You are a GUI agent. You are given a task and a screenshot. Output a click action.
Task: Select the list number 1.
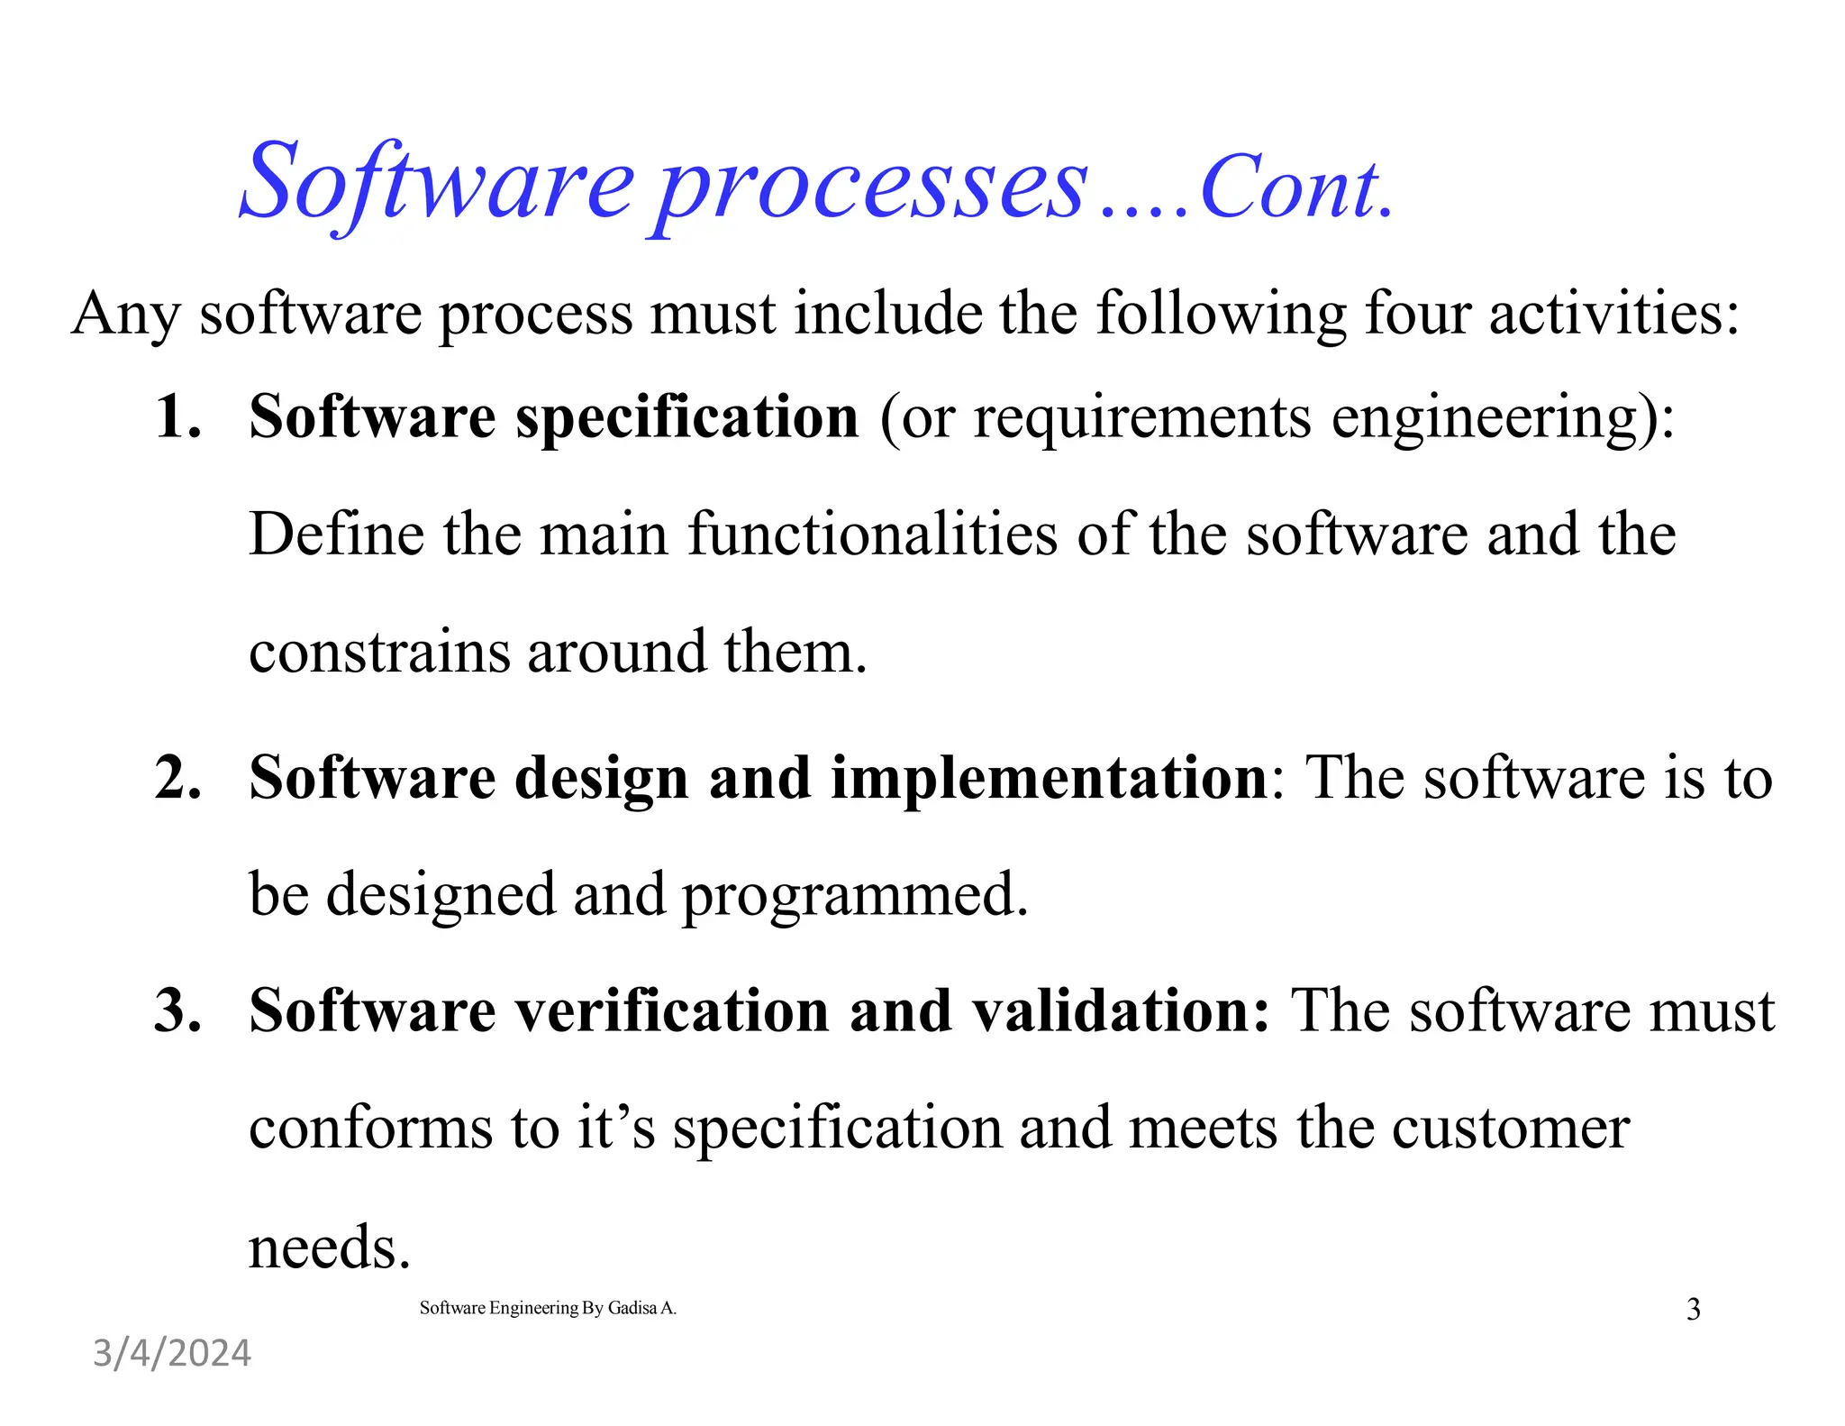click(177, 416)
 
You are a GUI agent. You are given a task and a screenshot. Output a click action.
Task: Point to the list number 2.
click(177, 777)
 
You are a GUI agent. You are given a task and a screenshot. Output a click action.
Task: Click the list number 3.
click(177, 1010)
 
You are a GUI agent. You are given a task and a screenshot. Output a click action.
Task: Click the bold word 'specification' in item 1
click(687, 418)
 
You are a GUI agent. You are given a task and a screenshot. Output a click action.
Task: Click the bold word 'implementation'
click(1049, 777)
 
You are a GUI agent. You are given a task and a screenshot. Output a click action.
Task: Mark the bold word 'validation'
click(1113, 1010)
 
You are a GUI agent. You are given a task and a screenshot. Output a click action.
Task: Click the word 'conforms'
click(370, 1128)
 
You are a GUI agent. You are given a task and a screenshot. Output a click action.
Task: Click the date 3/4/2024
click(172, 1354)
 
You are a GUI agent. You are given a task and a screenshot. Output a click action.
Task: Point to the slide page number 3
click(1693, 1309)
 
